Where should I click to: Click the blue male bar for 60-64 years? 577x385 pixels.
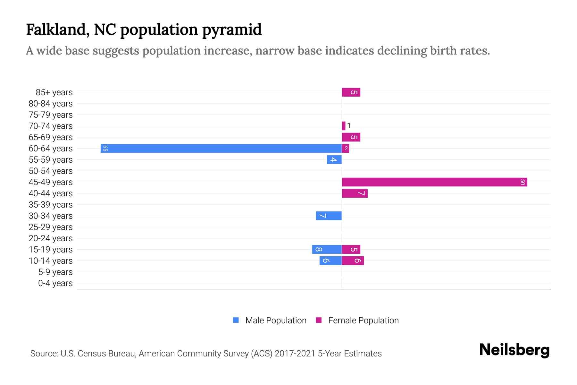pyautogui.click(x=221, y=148)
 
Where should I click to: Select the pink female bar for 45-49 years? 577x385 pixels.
pyautogui.click(x=434, y=182)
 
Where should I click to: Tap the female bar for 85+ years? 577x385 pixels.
pyautogui.click(x=351, y=92)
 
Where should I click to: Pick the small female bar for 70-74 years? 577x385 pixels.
pyautogui.click(x=344, y=126)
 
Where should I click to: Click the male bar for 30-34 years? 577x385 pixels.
pyautogui.click(x=329, y=216)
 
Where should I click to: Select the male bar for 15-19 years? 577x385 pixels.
pyautogui.click(x=327, y=249)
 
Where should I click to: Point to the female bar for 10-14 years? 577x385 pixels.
pyautogui.click(x=353, y=261)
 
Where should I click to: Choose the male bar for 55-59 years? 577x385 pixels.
pyautogui.click(x=334, y=159)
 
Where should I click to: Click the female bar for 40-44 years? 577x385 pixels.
pyautogui.click(x=355, y=193)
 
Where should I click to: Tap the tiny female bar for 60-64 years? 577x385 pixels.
pyautogui.click(x=345, y=148)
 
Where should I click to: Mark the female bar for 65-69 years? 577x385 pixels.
pyautogui.click(x=351, y=137)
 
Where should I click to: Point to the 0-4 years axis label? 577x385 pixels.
pyautogui.click(x=55, y=283)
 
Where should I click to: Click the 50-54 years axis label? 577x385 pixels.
pyautogui.click(x=51, y=171)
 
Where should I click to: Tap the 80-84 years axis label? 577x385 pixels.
pyautogui.click(x=51, y=104)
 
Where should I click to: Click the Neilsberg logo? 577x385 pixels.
pyautogui.click(x=514, y=350)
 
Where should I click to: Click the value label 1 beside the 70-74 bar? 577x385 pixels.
pyautogui.click(x=349, y=126)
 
